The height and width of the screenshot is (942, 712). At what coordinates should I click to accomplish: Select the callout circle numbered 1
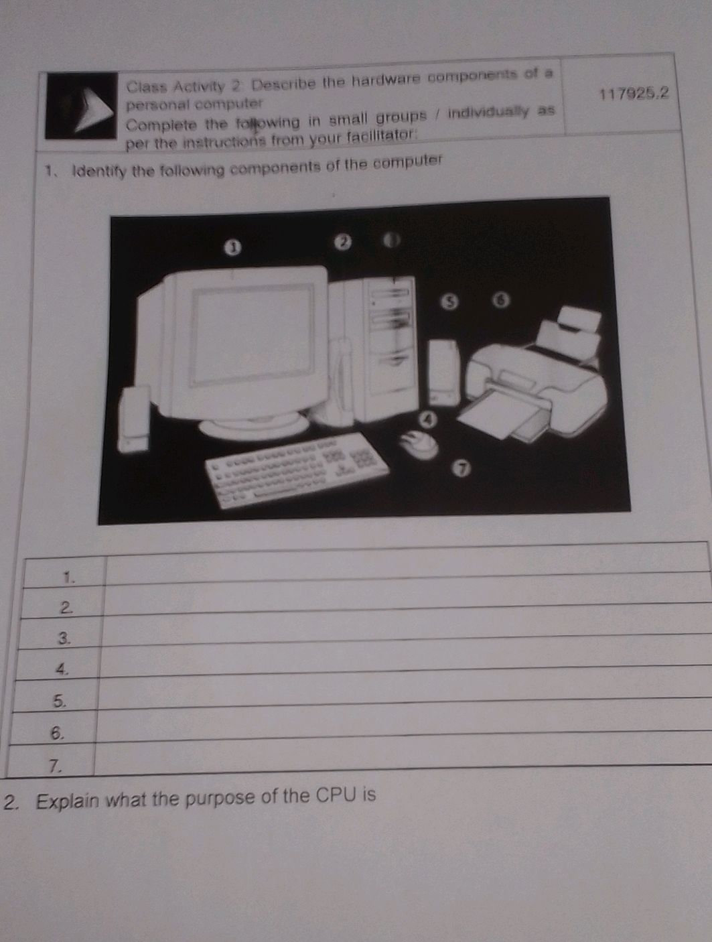click(230, 248)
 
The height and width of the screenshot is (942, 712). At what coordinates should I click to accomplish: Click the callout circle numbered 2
click(342, 241)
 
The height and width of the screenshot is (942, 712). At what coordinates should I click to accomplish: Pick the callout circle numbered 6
click(500, 299)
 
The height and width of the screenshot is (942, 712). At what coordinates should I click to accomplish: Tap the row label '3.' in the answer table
click(64, 638)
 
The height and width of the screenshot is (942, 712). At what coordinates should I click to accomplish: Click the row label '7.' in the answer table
click(56, 765)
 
